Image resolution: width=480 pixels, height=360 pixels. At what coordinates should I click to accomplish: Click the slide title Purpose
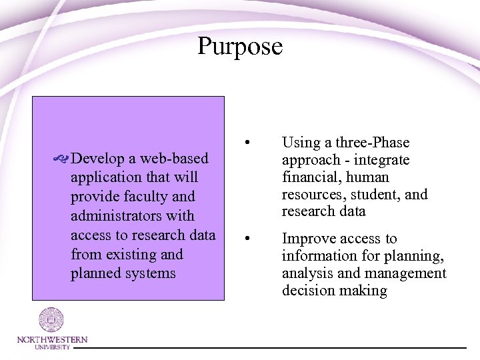point(240,47)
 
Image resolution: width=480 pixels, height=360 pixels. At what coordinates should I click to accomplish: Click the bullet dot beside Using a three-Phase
point(247,141)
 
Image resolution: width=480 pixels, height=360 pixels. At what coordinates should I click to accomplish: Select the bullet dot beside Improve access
point(247,237)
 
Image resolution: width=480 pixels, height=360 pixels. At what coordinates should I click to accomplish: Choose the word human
point(371,178)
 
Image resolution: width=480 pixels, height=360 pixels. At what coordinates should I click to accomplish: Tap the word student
point(372,195)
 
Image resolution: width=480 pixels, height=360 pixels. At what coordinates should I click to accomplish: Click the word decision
point(308,291)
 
